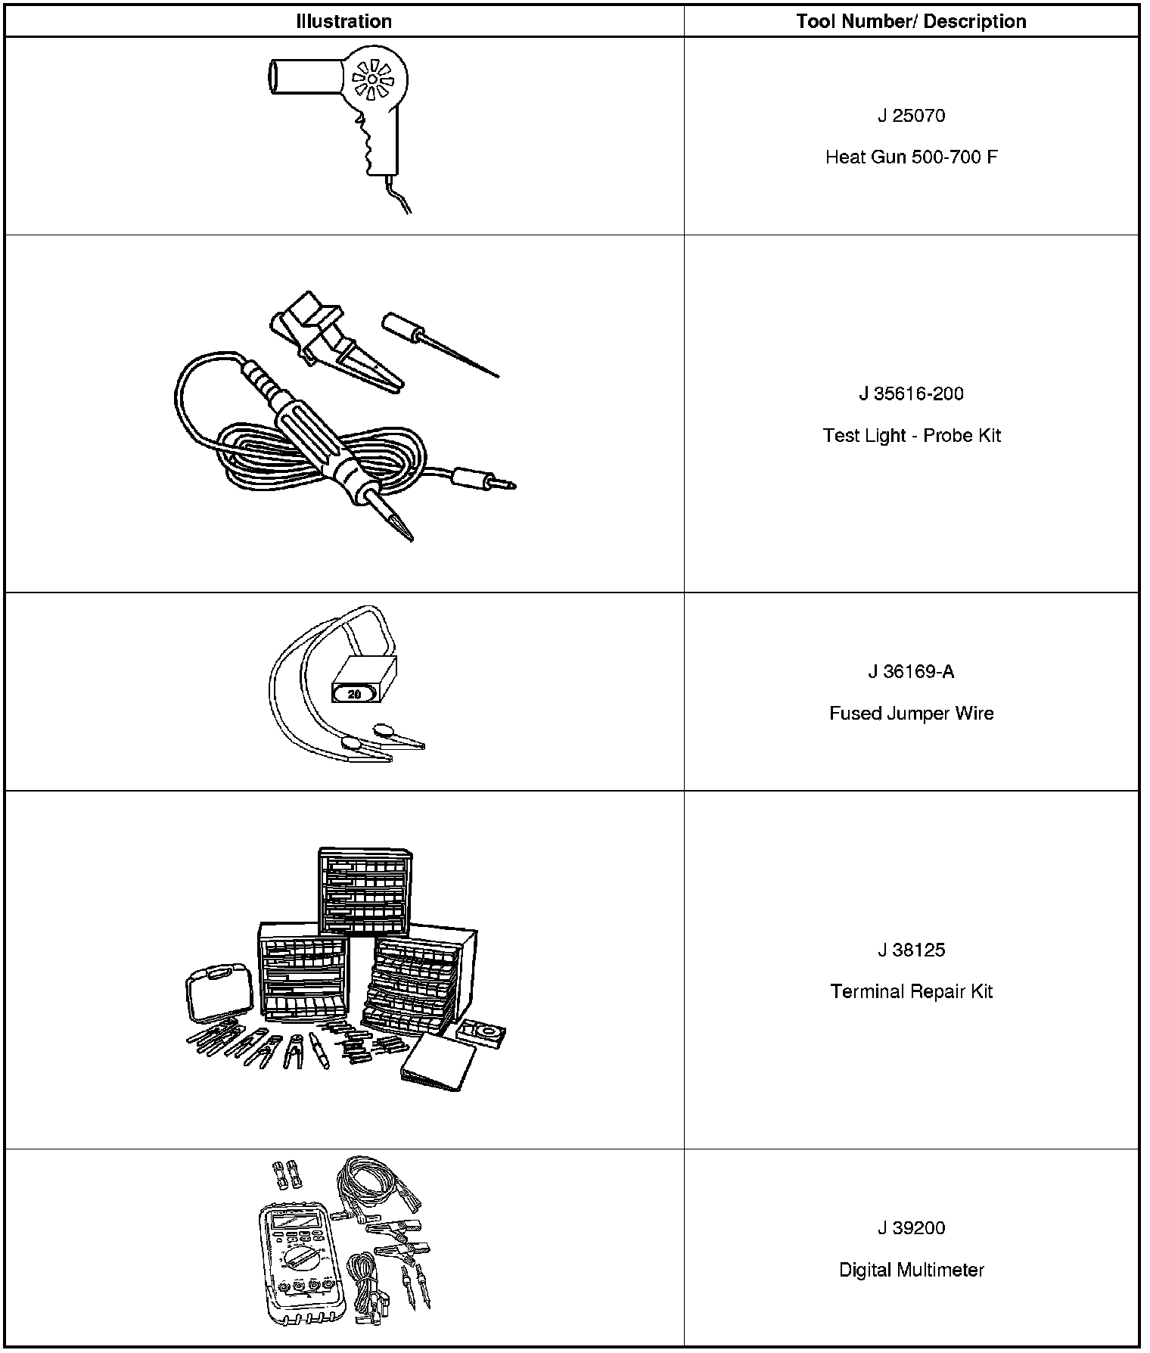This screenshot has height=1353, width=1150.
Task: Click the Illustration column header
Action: pyautogui.click(x=343, y=21)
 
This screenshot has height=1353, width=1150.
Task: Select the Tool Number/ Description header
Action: pyautogui.click(x=911, y=21)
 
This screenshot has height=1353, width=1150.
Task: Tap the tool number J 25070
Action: pyautogui.click(x=911, y=116)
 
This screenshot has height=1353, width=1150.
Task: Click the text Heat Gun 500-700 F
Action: pyautogui.click(x=911, y=157)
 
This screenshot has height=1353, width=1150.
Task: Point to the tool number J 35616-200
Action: pyautogui.click(x=911, y=393)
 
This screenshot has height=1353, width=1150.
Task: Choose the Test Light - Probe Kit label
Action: pyautogui.click(x=911, y=436)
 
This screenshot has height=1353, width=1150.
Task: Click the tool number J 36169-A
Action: pyautogui.click(x=911, y=671)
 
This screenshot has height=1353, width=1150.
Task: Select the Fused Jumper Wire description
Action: pyautogui.click(x=911, y=714)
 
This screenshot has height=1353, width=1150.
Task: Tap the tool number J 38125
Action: pyautogui.click(x=911, y=950)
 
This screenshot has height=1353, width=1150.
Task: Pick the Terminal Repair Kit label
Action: pyautogui.click(x=911, y=991)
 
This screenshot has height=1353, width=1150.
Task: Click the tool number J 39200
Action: pyautogui.click(x=911, y=1228)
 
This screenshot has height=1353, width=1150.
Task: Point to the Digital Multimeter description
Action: pyautogui.click(x=911, y=1270)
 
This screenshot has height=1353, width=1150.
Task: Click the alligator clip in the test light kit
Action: pyautogui.click(x=340, y=341)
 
